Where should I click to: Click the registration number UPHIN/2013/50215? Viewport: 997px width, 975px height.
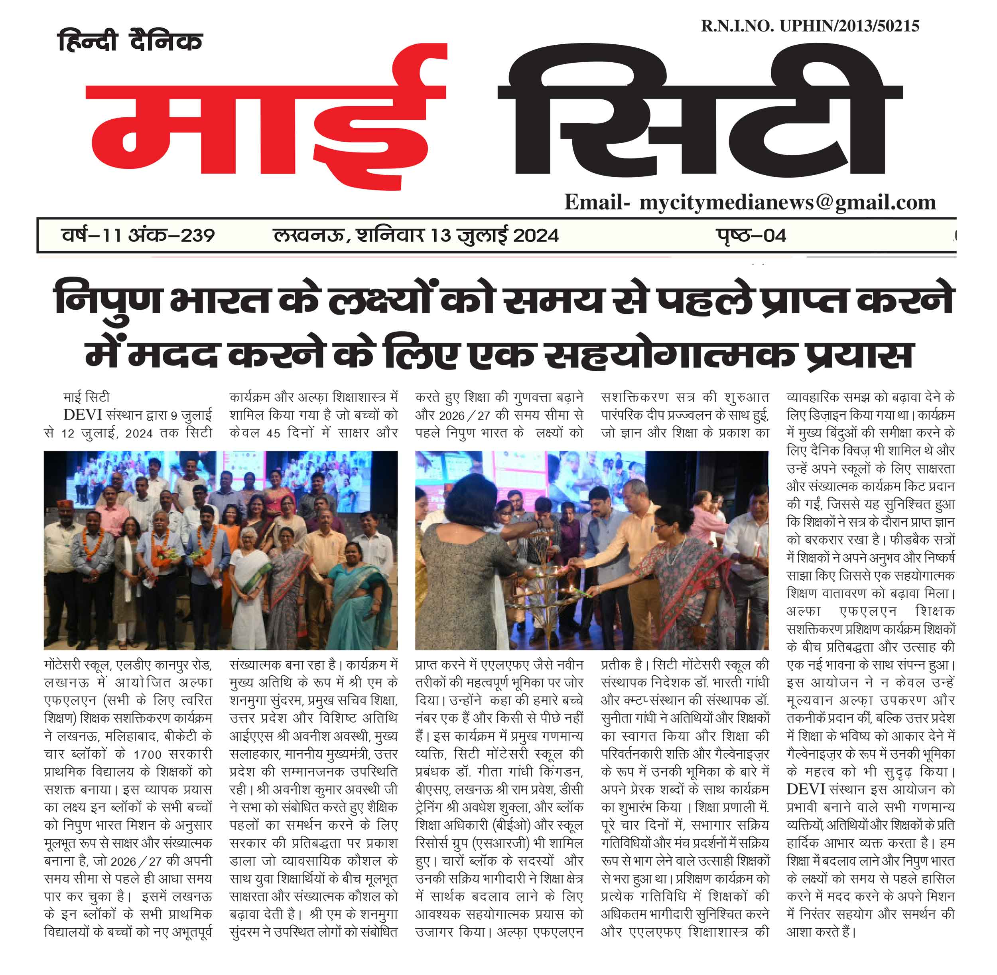[x=849, y=26]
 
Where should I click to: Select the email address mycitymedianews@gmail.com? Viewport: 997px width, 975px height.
[x=788, y=202]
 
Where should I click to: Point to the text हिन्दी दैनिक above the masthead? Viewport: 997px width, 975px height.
[x=130, y=41]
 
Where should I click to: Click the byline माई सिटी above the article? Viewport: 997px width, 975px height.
[x=87, y=398]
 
